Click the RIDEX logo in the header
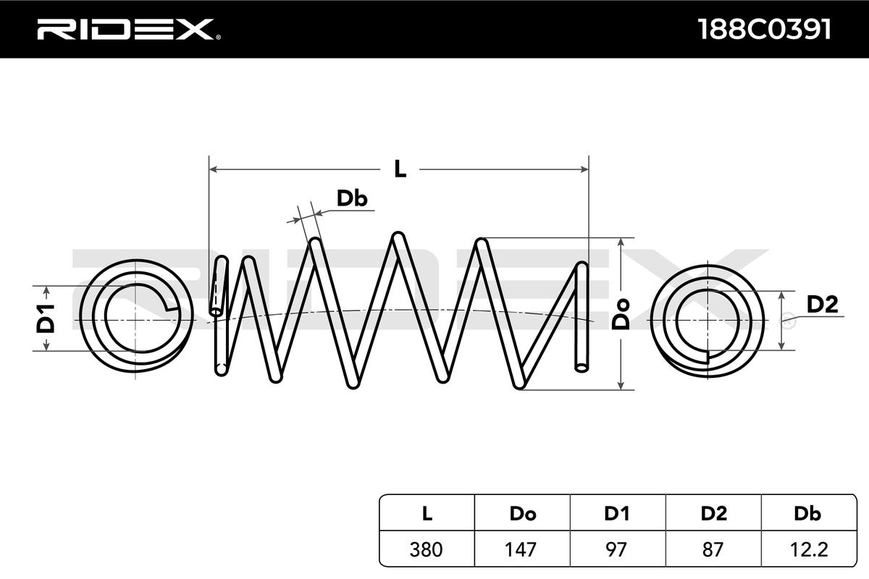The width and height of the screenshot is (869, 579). pyautogui.click(x=129, y=29)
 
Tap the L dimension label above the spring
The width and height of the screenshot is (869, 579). pyautogui.click(x=400, y=169)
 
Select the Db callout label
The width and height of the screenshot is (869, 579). pyautogui.click(x=352, y=198)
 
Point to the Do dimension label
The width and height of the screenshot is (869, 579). pyautogui.click(x=621, y=314)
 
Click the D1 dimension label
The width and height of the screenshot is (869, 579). pyautogui.click(x=46, y=318)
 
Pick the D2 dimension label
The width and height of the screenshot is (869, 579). pyautogui.click(x=822, y=305)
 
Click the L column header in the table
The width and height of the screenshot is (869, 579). pyautogui.click(x=427, y=513)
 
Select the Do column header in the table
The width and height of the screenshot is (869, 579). pyautogui.click(x=523, y=513)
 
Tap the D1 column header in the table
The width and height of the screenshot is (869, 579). pyautogui.click(x=618, y=513)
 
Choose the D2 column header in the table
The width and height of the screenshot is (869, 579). pyautogui.click(x=713, y=513)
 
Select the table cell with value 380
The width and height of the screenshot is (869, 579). pyautogui.click(x=427, y=549)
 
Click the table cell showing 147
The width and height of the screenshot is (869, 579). pyautogui.click(x=523, y=549)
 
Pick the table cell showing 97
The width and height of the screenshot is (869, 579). pyautogui.click(x=618, y=549)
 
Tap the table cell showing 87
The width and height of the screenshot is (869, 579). pyautogui.click(x=713, y=549)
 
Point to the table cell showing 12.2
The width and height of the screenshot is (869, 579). pyautogui.click(x=809, y=549)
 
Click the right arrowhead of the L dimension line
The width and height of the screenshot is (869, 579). pyautogui.click(x=584, y=169)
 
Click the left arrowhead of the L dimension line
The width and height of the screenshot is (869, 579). pyautogui.click(x=214, y=169)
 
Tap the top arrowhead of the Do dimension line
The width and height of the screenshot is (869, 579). pyautogui.click(x=621, y=242)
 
